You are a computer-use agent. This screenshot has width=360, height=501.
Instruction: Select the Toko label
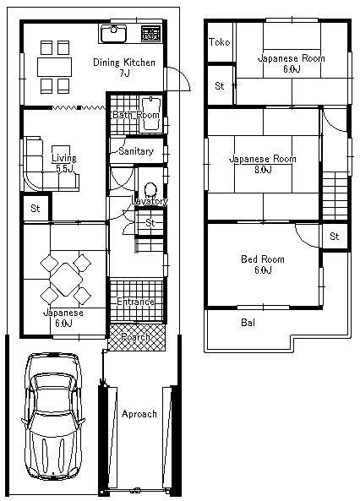(x=220, y=42)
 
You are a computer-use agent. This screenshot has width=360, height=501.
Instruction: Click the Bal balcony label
(x=248, y=323)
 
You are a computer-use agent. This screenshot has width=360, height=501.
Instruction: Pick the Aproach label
(x=139, y=414)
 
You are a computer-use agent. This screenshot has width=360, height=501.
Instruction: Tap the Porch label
(x=135, y=337)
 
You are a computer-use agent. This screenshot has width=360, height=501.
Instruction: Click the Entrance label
(x=135, y=302)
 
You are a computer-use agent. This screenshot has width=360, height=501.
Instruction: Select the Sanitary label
(x=135, y=151)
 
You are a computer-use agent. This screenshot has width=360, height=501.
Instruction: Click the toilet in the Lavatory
(x=151, y=190)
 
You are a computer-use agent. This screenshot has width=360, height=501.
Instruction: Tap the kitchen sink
(x=113, y=35)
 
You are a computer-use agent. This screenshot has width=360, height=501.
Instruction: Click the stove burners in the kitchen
(x=150, y=34)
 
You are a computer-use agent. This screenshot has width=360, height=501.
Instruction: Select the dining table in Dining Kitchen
(x=57, y=66)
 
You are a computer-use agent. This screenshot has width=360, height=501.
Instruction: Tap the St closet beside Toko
(x=220, y=85)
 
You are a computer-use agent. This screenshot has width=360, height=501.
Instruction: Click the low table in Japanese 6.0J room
(x=63, y=280)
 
